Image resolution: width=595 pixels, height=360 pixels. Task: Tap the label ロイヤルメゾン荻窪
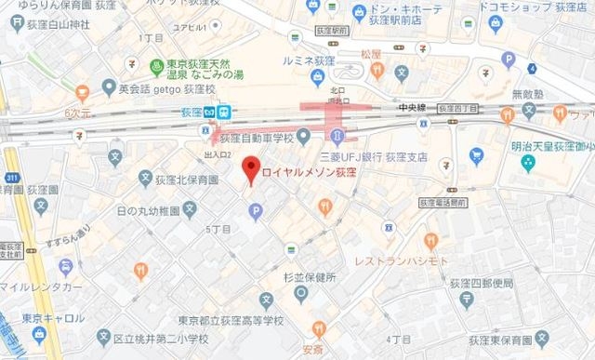(308, 173)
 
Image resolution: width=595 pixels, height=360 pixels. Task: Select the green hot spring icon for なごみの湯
(157, 66)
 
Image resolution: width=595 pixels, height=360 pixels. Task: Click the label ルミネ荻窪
(303, 60)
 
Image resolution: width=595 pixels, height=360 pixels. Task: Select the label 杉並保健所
(310, 277)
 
